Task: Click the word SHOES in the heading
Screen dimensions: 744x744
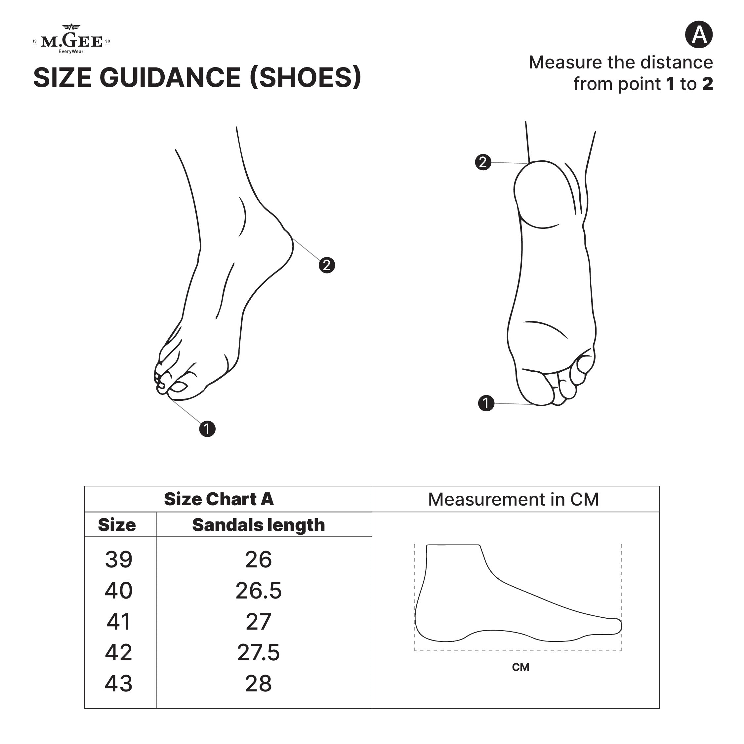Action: click(306, 77)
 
